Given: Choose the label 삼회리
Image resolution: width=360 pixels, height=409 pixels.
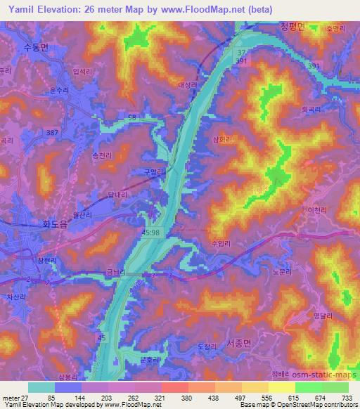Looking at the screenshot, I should [x=221, y=139].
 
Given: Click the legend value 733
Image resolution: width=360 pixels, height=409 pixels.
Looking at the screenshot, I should [x=347, y=398].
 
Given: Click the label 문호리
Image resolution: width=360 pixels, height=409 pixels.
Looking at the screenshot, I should [x=149, y=360].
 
